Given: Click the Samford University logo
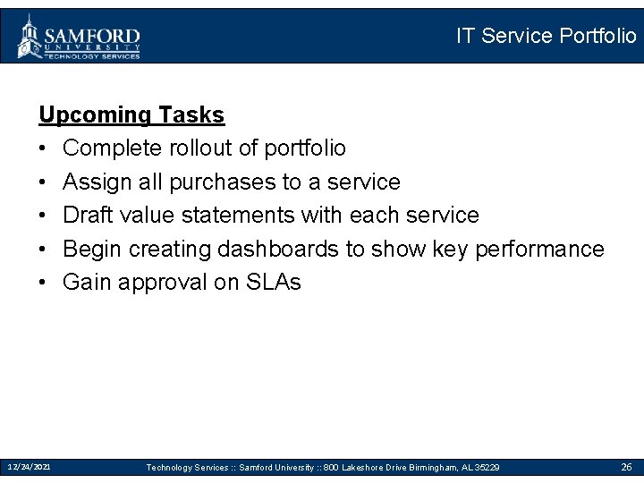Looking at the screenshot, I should (79, 38).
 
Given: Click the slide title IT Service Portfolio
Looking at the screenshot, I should (546, 36).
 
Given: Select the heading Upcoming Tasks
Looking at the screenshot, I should (131, 114).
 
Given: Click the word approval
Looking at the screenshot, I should (164, 283).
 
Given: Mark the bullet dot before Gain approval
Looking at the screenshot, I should (44, 283).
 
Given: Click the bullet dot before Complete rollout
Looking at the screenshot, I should (44, 148).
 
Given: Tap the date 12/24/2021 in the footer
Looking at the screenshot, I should (30, 467).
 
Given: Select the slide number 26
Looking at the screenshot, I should (626, 467).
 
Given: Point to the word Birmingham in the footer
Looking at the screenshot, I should (424, 468).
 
